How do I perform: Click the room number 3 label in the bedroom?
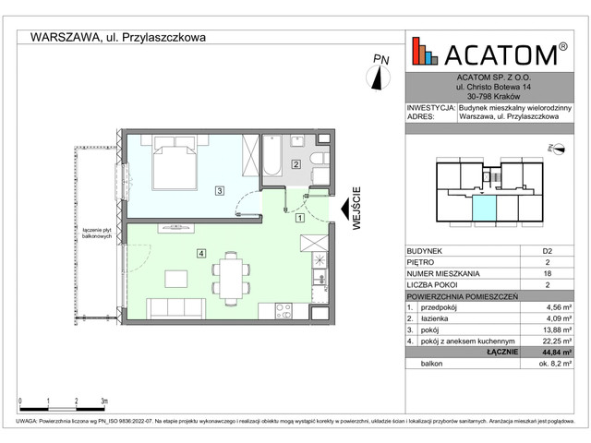click(218, 191)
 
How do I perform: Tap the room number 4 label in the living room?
click(200, 253)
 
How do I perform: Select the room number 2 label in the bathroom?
click(295, 165)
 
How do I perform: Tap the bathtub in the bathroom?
click(276, 159)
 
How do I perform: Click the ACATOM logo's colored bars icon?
click(426, 52)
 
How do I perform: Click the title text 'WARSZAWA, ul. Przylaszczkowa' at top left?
click(118, 38)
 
